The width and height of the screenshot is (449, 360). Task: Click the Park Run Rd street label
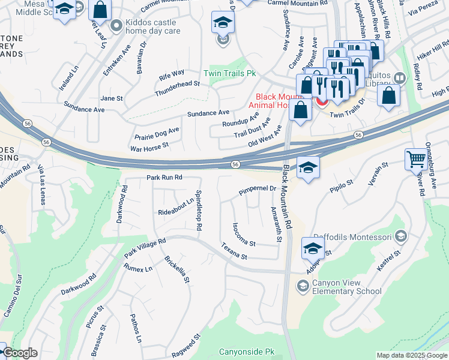click(x=164, y=178)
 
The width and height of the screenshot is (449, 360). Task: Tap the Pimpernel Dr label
click(x=256, y=188)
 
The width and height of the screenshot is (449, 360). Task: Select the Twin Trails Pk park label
click(x=230, y=73)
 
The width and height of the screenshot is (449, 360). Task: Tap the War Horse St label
click(x=149, y=146)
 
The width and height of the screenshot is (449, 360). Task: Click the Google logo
click(x=20, y=353)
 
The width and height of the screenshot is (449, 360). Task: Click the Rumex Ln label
click(x=137, y=269)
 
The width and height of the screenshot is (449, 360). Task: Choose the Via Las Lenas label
click(x=41, y=185)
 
